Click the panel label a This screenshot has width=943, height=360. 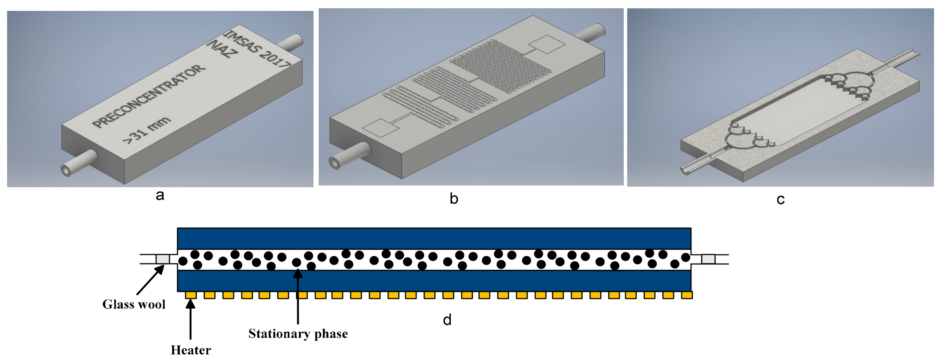click(x=160, y=195)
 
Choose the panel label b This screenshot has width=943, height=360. click(x=454, y=198)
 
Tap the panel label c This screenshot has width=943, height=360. click(x=780, y=199)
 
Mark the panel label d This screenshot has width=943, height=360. click(x=447, y=320)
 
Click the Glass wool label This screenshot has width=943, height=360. click(x=134, y=304)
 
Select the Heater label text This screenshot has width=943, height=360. click(x=191, y=350)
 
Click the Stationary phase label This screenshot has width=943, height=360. click(x=298, y=334)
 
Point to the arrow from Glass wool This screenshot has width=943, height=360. click(x=150, y=280)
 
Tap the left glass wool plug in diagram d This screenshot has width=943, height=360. click(x=163, y=259)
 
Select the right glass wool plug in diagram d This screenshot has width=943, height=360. click(x=708, y=259)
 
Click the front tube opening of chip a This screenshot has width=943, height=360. click(x=66, y=171)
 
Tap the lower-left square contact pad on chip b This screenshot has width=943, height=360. click(x=380, y=129)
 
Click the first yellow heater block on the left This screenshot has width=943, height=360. click(x=191, y=295)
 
